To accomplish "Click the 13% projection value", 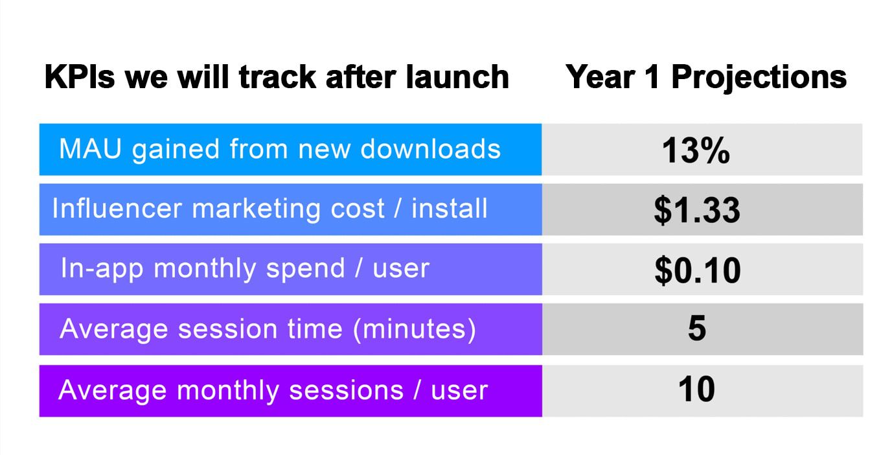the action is [696, 150].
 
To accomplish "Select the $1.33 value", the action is [697, 210].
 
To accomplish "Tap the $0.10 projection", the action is [698, 270].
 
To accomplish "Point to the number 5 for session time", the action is [697, 328].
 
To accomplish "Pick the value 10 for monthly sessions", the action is [696, 390].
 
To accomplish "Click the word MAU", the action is [90, 149].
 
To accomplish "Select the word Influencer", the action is [117, 208].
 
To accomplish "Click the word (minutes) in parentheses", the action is [415, 329].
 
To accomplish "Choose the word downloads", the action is [430, 149].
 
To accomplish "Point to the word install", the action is [449, 208].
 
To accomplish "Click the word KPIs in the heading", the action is [80, 77].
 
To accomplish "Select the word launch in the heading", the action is [457, 77].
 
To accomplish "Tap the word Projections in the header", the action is [759, 78].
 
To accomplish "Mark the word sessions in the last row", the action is [347, 391].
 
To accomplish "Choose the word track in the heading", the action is [278, 77].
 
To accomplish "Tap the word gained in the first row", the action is [176, 150].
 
